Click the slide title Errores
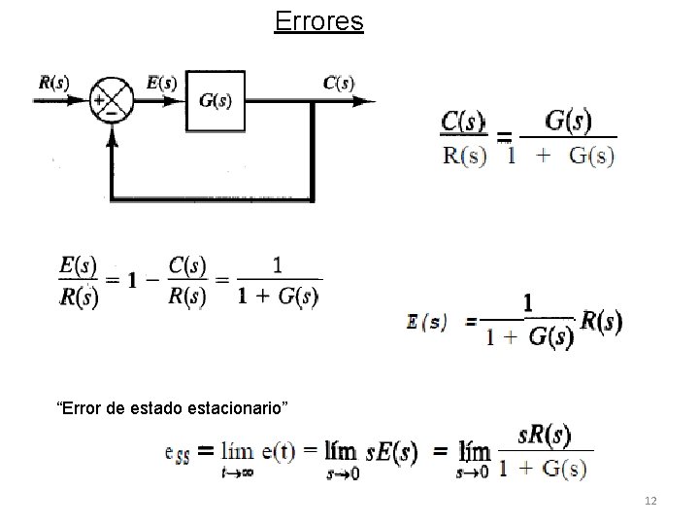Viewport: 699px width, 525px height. click(318, 21)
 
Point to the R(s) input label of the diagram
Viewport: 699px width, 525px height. click(53, 82)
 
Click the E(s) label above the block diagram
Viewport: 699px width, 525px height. click(161, 82)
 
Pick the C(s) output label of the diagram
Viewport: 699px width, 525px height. click(338, 82)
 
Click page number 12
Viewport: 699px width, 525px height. click(650, 500)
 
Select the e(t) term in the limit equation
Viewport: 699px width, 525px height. click(282, 450)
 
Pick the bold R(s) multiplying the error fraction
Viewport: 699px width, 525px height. click(601, 321)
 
